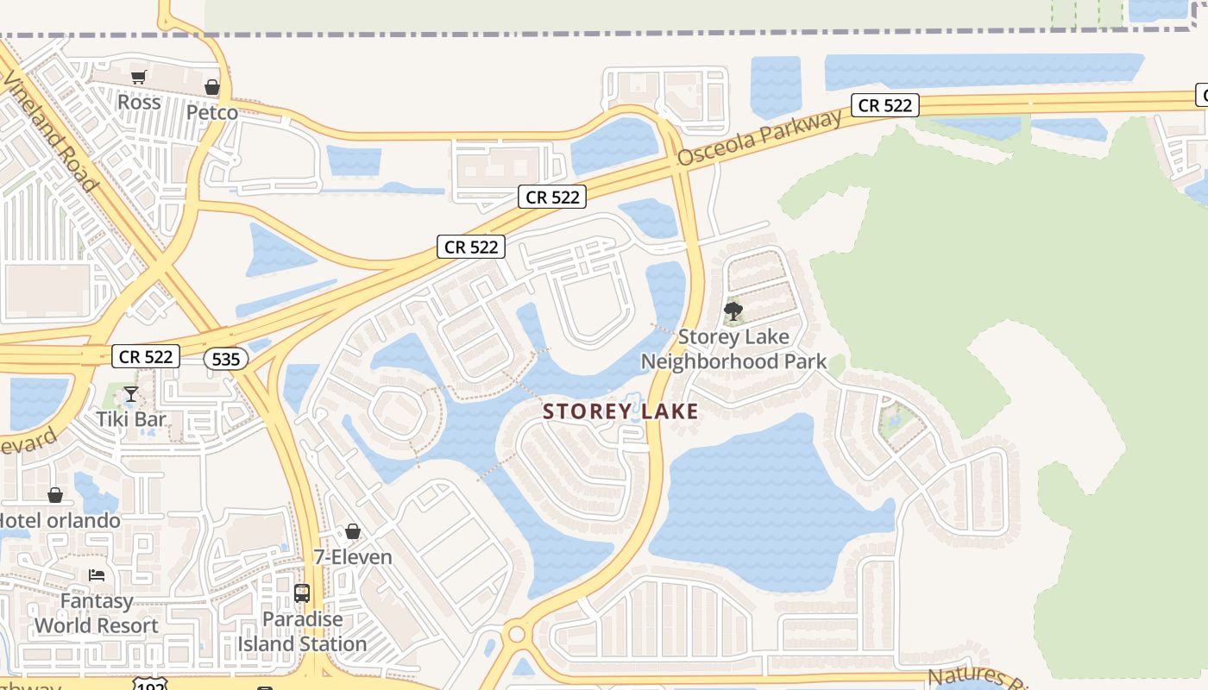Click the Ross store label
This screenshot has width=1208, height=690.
[x=139, y=103]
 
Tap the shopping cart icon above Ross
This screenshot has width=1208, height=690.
[x=138, y=77]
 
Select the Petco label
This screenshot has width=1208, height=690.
[x=212, y=113]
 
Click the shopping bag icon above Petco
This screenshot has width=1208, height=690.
[x=212, y=87]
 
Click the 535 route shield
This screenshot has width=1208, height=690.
[x=226, y=358]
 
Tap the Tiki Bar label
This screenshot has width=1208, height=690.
[x=130, y=420]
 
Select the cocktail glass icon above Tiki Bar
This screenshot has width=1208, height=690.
[x=130, y=394]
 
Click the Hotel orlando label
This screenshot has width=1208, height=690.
[x=59, y=521]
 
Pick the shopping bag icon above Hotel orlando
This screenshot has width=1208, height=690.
[x=55, y=495]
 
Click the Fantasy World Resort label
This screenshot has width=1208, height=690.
[x=97, y=613]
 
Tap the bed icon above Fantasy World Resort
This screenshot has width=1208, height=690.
[x=97, y=575]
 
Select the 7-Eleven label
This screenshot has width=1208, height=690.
[x=353, y=557]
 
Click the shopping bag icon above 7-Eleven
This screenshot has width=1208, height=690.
[x=353, y=531]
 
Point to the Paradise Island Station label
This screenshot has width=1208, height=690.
[x=303, y=631]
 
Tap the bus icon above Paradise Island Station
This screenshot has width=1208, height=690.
[x=302, y=593]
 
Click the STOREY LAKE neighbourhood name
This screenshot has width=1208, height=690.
[x=620, y=412]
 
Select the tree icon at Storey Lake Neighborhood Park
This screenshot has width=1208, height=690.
[x=733, y=310]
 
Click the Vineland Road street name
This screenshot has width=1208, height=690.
[x=52, y=129]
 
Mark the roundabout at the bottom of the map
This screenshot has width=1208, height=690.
[x=517, y=635]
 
